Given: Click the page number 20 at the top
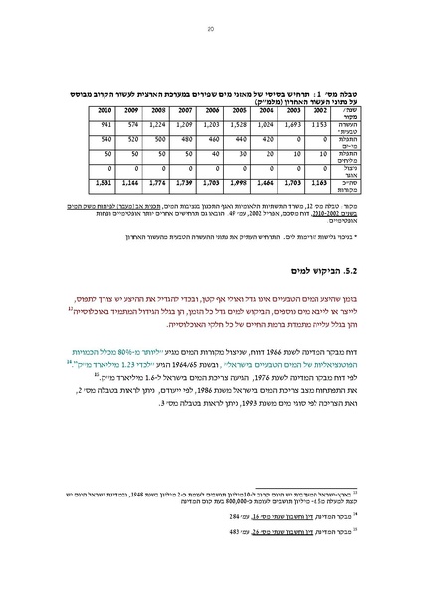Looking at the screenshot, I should (211, 31).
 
